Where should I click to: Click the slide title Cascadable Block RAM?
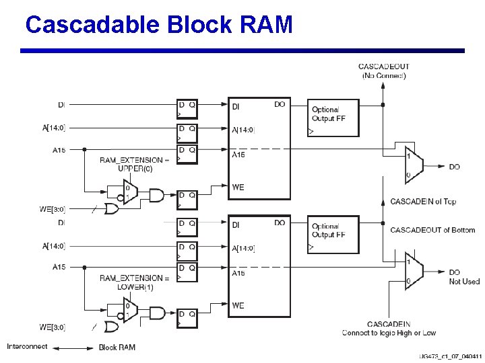pos(159,25)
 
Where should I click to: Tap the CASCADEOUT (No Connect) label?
pos(383,71)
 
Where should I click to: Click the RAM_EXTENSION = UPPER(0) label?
pos(134,164)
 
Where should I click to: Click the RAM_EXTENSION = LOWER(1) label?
pos(134,282)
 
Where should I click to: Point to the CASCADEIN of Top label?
pos(423,202)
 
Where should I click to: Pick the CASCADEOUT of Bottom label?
pos(432,230)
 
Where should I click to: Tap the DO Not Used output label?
pos(464,277)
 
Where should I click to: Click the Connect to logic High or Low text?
pos(388,333)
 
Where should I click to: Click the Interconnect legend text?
pos(27,347)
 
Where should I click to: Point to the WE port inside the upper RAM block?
pos(238,188)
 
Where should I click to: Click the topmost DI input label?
pos(62,104)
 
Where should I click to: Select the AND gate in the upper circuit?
pos(156,195)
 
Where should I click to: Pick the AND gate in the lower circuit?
pos(156,313)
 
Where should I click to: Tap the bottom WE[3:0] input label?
pos(52,327)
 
